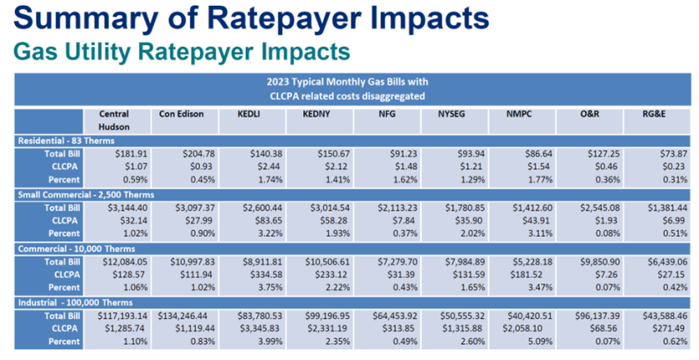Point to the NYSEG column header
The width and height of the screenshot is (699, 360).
(x=441, y=114)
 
